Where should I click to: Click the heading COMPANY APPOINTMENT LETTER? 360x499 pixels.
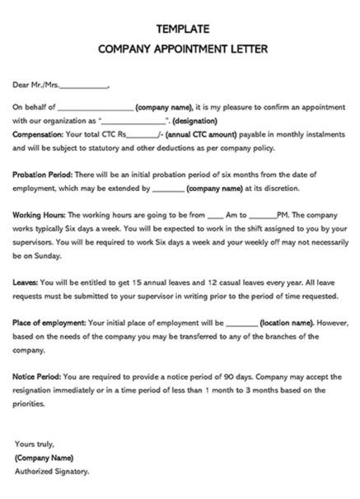[180, 49]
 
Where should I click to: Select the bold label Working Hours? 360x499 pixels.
[39, 213]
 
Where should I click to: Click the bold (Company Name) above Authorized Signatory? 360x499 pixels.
[44, 457]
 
